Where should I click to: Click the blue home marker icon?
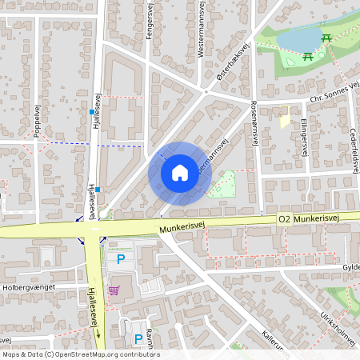click(x=180, y=172)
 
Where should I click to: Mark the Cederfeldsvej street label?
click(x=353, y=144)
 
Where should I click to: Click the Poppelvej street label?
click(x=38, y=121)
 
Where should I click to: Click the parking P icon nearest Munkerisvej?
click(x=121, y=258)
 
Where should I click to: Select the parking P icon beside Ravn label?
click(x=138, y=338)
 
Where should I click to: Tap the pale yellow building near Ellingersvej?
click(x=285, y=120)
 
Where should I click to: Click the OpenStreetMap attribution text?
click(x=81, y=354)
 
